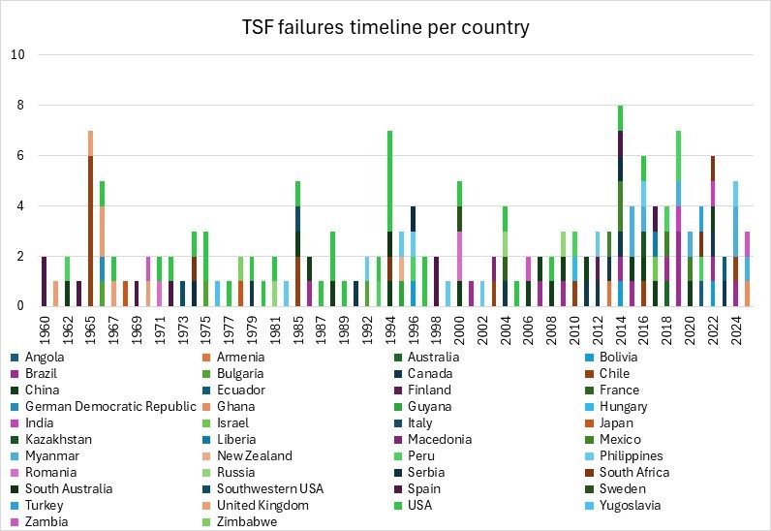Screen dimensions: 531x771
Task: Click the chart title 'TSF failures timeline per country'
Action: click(x=385, y=26)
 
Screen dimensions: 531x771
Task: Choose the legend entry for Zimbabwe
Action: click(x=251, y=521)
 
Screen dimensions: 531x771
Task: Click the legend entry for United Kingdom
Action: click(x=262, y=505)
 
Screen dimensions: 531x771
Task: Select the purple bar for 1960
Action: click(x=45, y=281)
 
